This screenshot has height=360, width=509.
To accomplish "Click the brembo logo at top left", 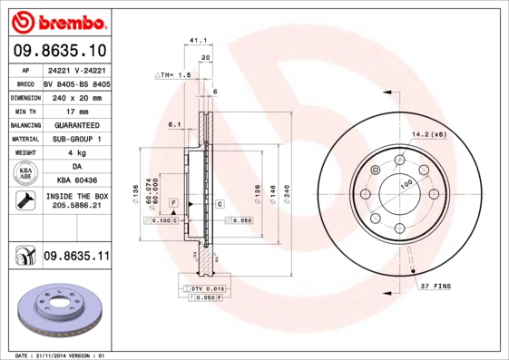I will (x=56, y=19).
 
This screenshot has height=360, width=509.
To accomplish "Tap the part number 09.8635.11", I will (x=76, y=258).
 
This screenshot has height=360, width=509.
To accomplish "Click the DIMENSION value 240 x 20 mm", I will (x=76, y=96).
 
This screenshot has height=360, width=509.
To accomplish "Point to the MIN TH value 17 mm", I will (x=76, y=110).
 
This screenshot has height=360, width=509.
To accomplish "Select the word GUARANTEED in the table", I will (x=76, y=124).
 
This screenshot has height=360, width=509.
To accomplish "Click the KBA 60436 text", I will (x=76, y=180).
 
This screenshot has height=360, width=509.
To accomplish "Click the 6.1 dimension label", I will (x=175, y=124).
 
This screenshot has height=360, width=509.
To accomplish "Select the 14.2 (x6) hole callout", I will (x=428, y=135).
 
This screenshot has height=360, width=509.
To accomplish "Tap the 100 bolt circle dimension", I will (x=406, y=184).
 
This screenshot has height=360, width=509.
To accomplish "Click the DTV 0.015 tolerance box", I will (x=201, y=287).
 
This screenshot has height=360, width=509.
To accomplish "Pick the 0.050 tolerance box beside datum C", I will (x=240, y=220).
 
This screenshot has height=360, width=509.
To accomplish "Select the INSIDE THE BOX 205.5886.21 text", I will (x=76, y=200).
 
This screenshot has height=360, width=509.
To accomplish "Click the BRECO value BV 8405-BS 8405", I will (x=76, y=83).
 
